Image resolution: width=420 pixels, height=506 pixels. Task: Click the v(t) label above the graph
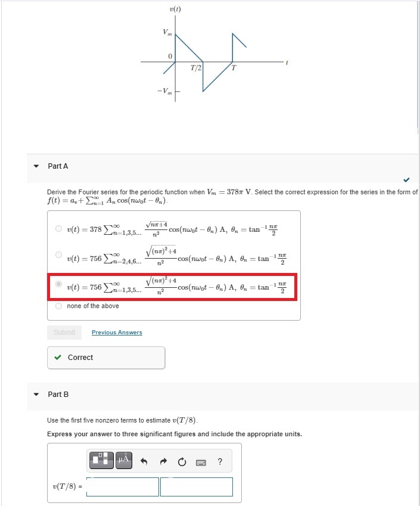[x=175, y=10]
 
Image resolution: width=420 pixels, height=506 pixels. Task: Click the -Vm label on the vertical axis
[x=165, y=91]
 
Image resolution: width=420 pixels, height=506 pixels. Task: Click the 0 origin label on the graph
[x=170, y=56]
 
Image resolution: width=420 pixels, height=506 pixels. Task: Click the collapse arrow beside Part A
[x=36, y=166]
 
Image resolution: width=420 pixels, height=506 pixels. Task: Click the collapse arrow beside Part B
[x=36, y=395]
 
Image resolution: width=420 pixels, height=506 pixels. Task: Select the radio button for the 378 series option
[x=58, y=228]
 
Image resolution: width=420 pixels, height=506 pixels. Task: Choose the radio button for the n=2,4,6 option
[x=58, y=255]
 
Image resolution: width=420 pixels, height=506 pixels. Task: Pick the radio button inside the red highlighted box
[x=58, y=284]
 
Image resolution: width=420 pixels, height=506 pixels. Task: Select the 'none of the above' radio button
[x=58, y=306]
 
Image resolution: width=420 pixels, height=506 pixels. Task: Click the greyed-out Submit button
[x=64, y=332]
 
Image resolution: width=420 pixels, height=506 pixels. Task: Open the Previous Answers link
[x=117, y=332]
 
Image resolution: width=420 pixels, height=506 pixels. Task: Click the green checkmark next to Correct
[x=58, y=358]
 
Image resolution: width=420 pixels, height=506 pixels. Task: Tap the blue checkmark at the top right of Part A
[x=406, y=179]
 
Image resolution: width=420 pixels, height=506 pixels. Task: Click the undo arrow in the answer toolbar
[x=144, y=461]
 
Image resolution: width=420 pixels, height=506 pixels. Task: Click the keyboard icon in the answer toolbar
[x=201, y=461]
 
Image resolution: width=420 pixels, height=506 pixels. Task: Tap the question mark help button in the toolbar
[x=220, y=461]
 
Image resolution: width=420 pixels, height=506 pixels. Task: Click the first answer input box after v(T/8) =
[x=123, y=487]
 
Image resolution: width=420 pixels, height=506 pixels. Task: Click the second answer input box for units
[x=197, y=487]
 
